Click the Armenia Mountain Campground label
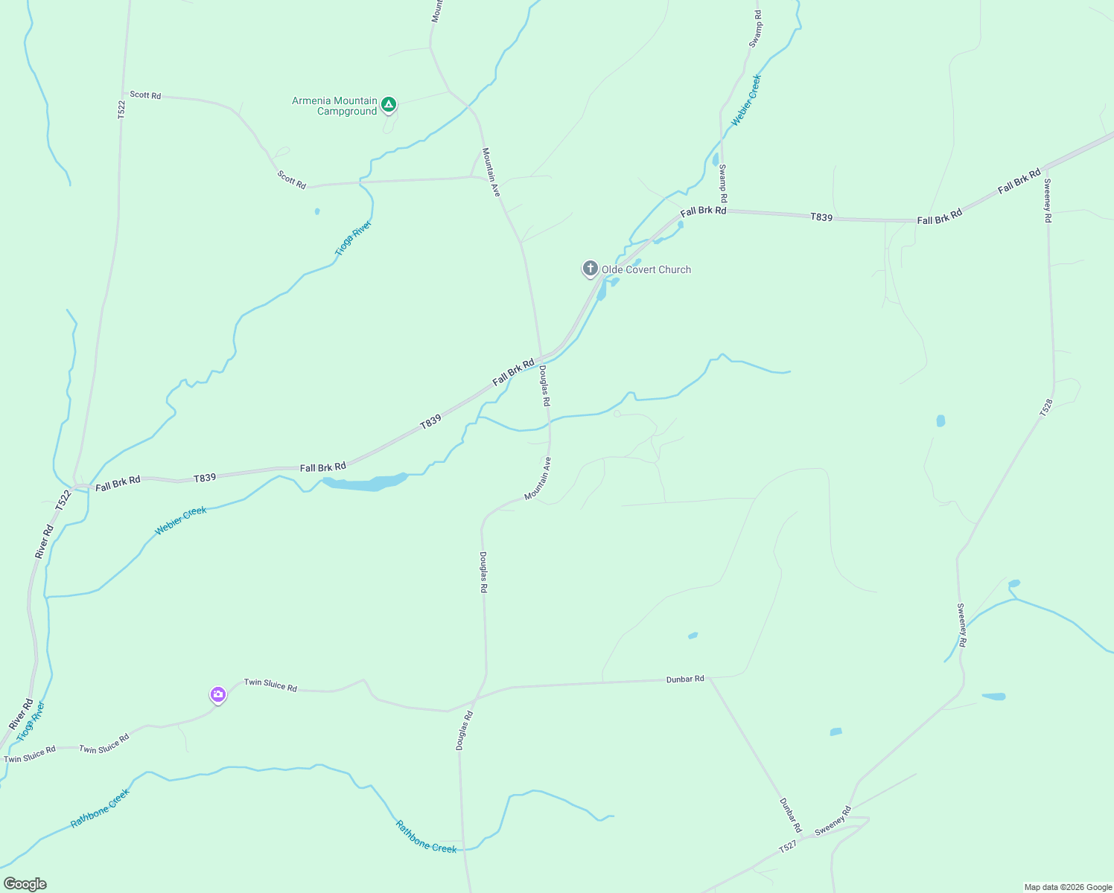click(x=334, y=106)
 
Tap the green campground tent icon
click(x=388, y=104)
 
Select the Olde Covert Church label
click(x=646, y=270)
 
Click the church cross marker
click(x=591, y=268)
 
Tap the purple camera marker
click(x=217, y=695)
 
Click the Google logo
click(x=25, y=884)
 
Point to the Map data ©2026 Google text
click(x=1067, y=887)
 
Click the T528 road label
click(x=1047, y=407)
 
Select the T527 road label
click(x=788, y=847)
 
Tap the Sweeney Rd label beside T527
click(x=833, y=821)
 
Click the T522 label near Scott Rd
click(x=121, y=109)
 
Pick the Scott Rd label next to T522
click(x=145, y=95)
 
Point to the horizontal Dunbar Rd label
click(x=685, y=679)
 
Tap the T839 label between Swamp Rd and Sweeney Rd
click(x=821, y=217)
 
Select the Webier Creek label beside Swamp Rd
click(x=746, y=100)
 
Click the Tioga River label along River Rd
click(x=31, y=721)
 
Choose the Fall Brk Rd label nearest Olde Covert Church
click(x=703, y=211)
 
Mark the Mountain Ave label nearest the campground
click(x=491, y=172)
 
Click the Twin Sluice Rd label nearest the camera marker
click(x=270, y=685)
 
